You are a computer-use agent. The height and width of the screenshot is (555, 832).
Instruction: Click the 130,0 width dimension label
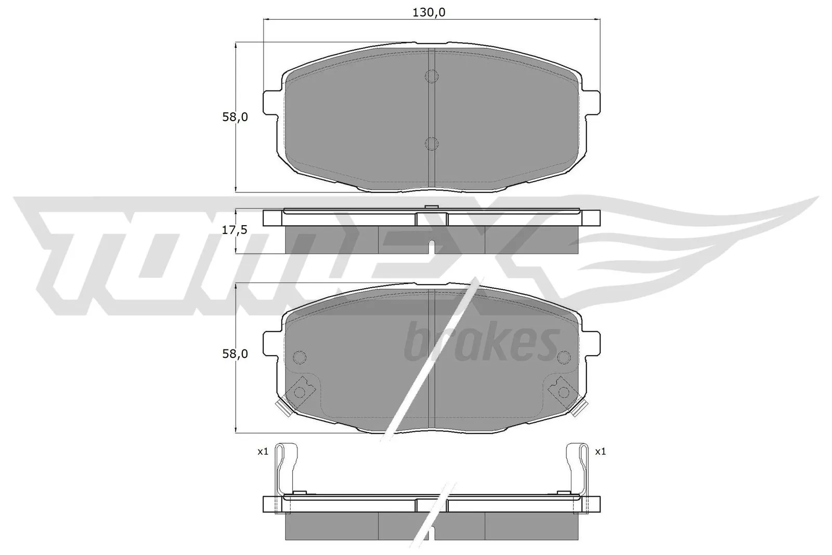pyautogui.click(x=428, y=13)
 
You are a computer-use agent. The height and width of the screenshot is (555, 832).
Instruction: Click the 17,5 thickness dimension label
pyautogui.click(x=234, y=230)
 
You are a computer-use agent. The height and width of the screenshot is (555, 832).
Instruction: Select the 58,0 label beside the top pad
pyautogui.click(x=235, y=117)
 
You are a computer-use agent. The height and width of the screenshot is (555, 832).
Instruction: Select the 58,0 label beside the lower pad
pyautogui.click(x=235, y=354)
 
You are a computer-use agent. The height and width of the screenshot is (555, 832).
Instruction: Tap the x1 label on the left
pyautogui.click(x=263, y=452)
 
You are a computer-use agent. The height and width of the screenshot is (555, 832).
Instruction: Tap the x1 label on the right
pyautogui.click(x=600, y=452)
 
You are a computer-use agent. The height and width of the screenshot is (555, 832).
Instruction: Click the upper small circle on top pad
pyautogui.click(x=432, y=76)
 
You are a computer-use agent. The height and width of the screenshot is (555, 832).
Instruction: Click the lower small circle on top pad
pyautogui.click(x=432, y=143)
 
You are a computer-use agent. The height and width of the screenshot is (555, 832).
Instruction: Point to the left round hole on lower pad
pyautogui.click(x=300, y=357)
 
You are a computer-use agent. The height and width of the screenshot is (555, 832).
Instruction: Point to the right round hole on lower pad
pyautogui.click(x=564, y=357)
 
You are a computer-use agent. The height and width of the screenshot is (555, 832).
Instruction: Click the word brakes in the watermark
pyautogui.click(x=481, y=341)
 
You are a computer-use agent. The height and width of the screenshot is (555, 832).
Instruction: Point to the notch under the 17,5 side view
pyautogui.click(x=431, y=246)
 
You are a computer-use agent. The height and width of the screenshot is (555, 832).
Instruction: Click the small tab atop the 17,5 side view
pyautogui.click(x=431, y=208)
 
